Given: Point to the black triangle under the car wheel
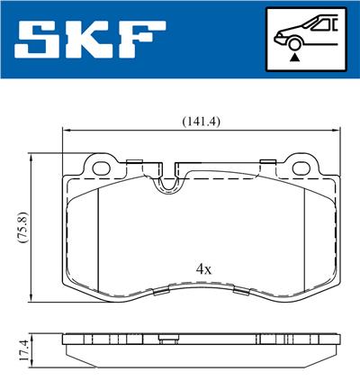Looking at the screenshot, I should coord(294,58).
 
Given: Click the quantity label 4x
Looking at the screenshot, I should coord(204,268).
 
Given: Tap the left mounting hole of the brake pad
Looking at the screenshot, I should coord(99,167).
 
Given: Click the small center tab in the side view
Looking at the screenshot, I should coord(166,340).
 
